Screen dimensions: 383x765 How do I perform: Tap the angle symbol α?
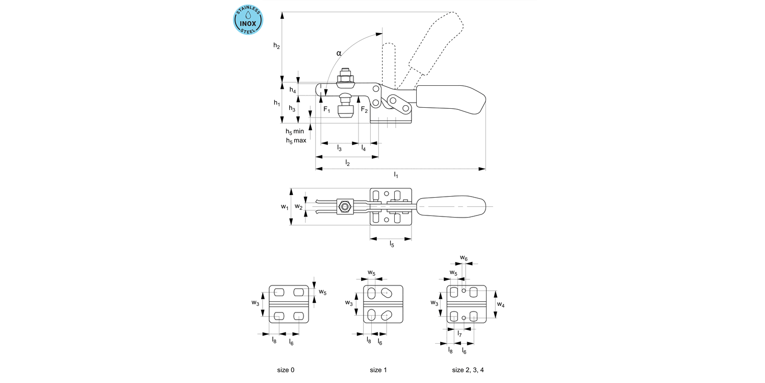[339, 53]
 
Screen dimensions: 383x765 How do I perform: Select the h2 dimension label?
[276, 46]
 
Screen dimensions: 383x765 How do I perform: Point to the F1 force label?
[327, 110]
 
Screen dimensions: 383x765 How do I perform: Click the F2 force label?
[364, 110]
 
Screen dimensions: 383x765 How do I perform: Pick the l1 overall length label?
[396, 175]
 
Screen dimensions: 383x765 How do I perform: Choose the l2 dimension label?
[347, 162]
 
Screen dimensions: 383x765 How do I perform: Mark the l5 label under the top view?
[392, 245]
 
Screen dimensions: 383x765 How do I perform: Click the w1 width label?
[285, 207]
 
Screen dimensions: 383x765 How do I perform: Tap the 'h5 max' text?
[296, 140]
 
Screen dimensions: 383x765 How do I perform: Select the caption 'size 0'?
[286, 370]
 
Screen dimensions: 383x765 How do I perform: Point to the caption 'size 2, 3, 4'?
[468, 370]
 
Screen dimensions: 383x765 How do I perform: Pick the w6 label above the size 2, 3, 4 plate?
[463, 258]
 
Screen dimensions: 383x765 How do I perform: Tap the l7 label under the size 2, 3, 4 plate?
[460, 334]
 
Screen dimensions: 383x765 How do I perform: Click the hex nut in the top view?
[345, 207]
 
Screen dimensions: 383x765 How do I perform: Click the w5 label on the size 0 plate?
[322, 292]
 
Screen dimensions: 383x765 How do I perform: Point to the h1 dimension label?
[276, 103]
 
